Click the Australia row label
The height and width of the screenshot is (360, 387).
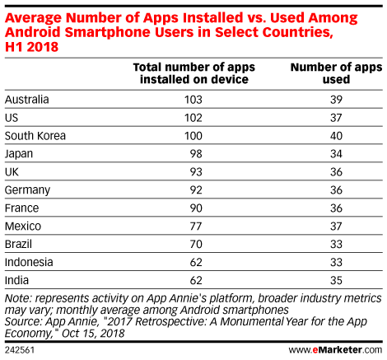[27, 100]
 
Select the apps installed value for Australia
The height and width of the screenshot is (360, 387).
[193, 100]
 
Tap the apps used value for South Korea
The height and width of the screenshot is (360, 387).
[336, 136]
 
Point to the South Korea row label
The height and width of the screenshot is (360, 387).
[35, 136]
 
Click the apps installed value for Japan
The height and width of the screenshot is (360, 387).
[196, 154]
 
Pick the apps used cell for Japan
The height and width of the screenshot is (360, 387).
[336, 154]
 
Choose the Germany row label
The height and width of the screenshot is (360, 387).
[27, 190]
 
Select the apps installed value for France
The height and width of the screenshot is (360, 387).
[196, 208]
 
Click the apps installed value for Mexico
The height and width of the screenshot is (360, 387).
[196, 227]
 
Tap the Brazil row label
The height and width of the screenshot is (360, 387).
[18, 244]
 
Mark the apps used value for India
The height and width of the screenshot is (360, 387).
[336, 280]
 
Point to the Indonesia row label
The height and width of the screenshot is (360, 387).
[29, 262]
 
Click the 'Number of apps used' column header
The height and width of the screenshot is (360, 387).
[336, 73]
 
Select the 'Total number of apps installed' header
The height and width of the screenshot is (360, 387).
[194, 73]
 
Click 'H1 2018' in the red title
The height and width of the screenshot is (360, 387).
[31, 47]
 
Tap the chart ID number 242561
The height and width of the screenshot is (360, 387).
[20, 350]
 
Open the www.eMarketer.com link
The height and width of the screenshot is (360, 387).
[335, 350]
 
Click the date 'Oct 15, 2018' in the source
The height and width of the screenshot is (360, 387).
[93, 334]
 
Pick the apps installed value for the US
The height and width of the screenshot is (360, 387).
[193, 118]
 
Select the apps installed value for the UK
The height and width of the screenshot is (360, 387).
[196, 172]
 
